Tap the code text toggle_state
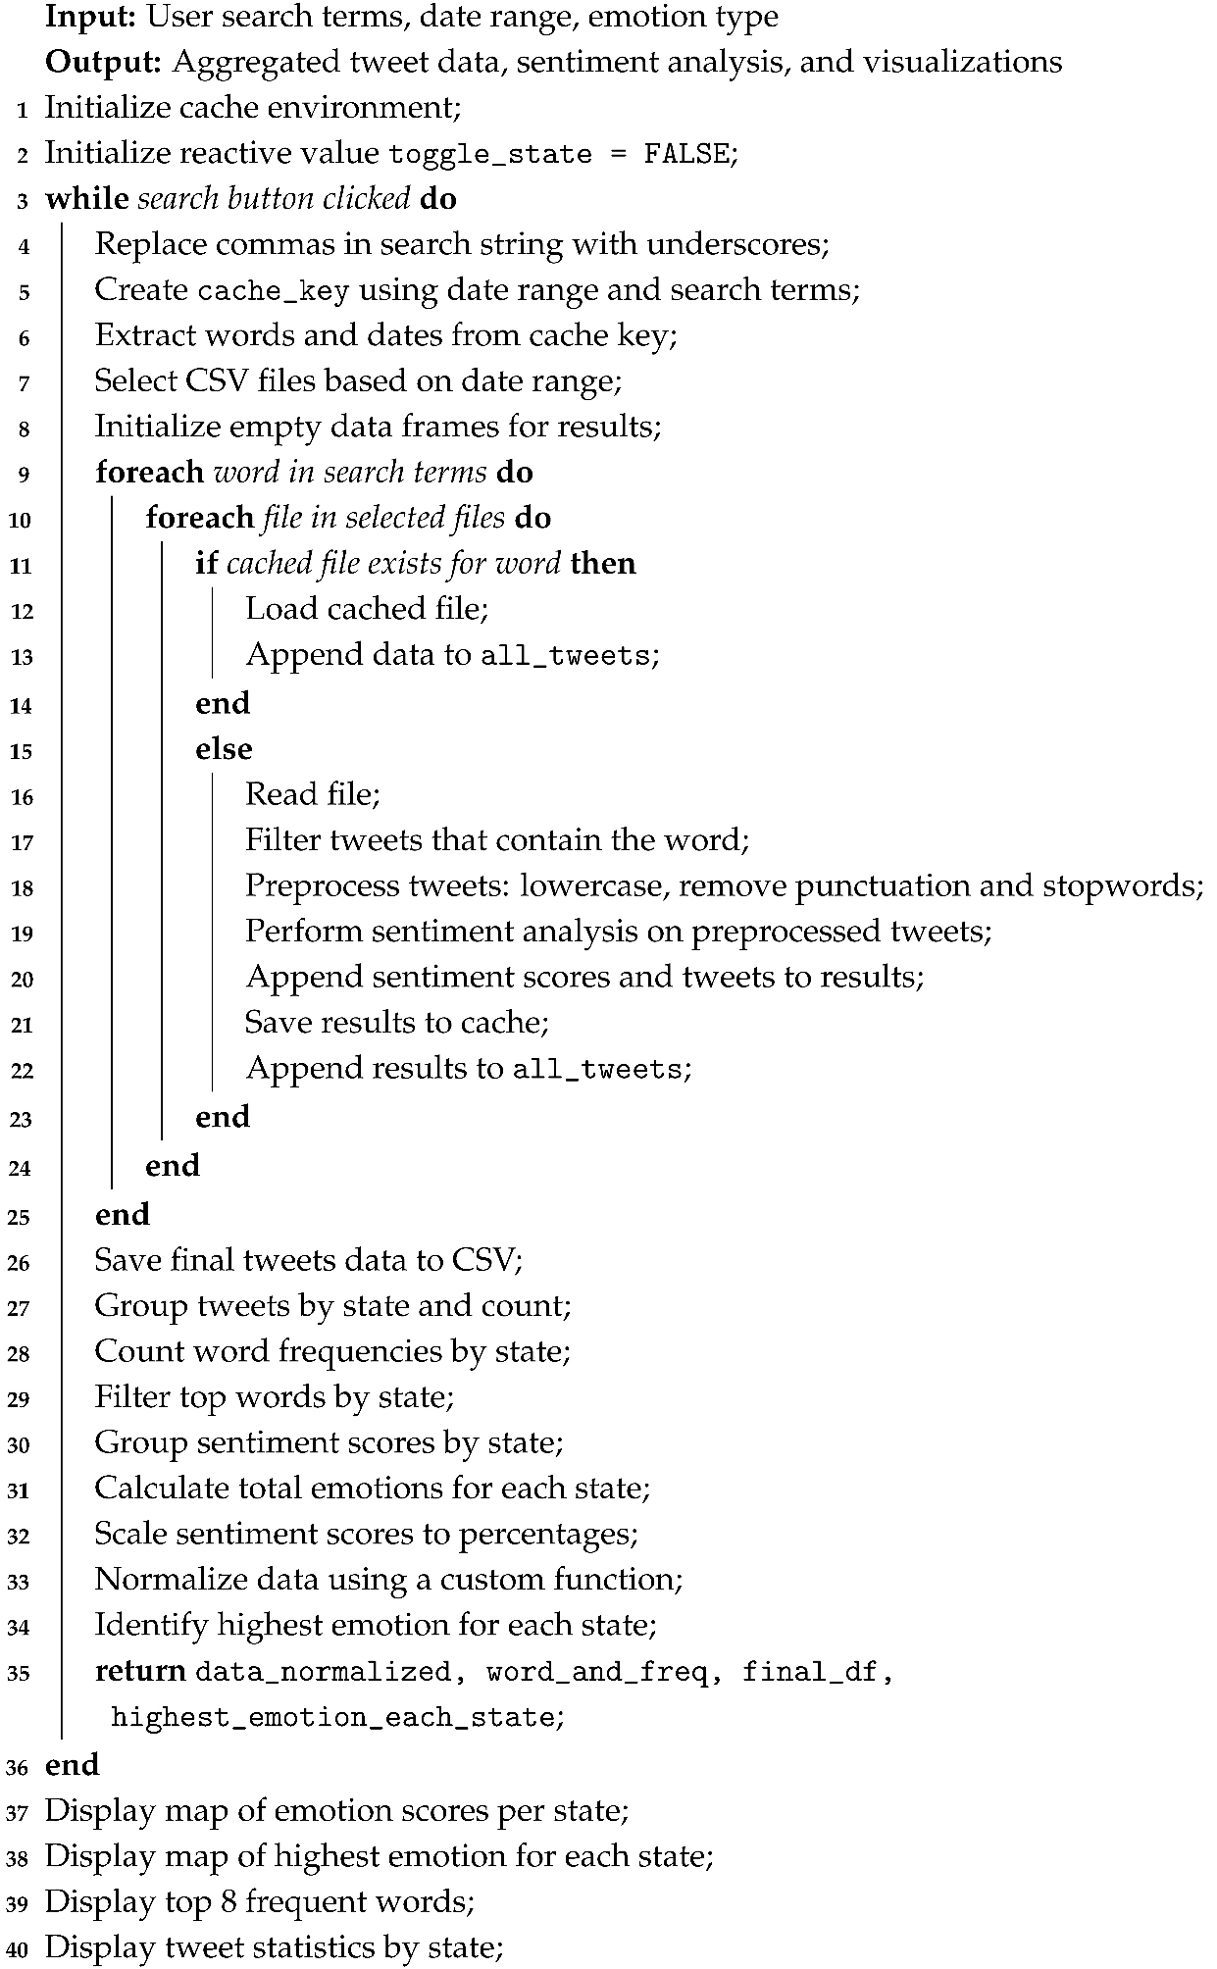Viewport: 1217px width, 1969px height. click(x=490, y=155)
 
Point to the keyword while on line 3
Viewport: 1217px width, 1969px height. click(x=86, y=199)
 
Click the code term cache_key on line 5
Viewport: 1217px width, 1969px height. click(x=274, y=291)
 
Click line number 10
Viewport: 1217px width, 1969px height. click(x=20, y=521)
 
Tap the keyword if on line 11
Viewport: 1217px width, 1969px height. click(x=206, y=563)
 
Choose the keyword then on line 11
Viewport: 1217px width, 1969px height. click(x=603, y=563)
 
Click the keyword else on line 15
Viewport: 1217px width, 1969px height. click(x=224, y=749)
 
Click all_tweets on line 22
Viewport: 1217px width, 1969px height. click(x=597, y=1069)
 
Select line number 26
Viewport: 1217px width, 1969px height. click(x=20, y=1263)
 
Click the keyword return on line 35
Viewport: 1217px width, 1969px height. click(x=140, y=1670)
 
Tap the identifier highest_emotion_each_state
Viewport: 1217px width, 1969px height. click(x=333, y=1717)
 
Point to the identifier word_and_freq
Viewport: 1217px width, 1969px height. click(x=597, y=1671)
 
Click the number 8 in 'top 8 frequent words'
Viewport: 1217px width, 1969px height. click(x=226, y=1902)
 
